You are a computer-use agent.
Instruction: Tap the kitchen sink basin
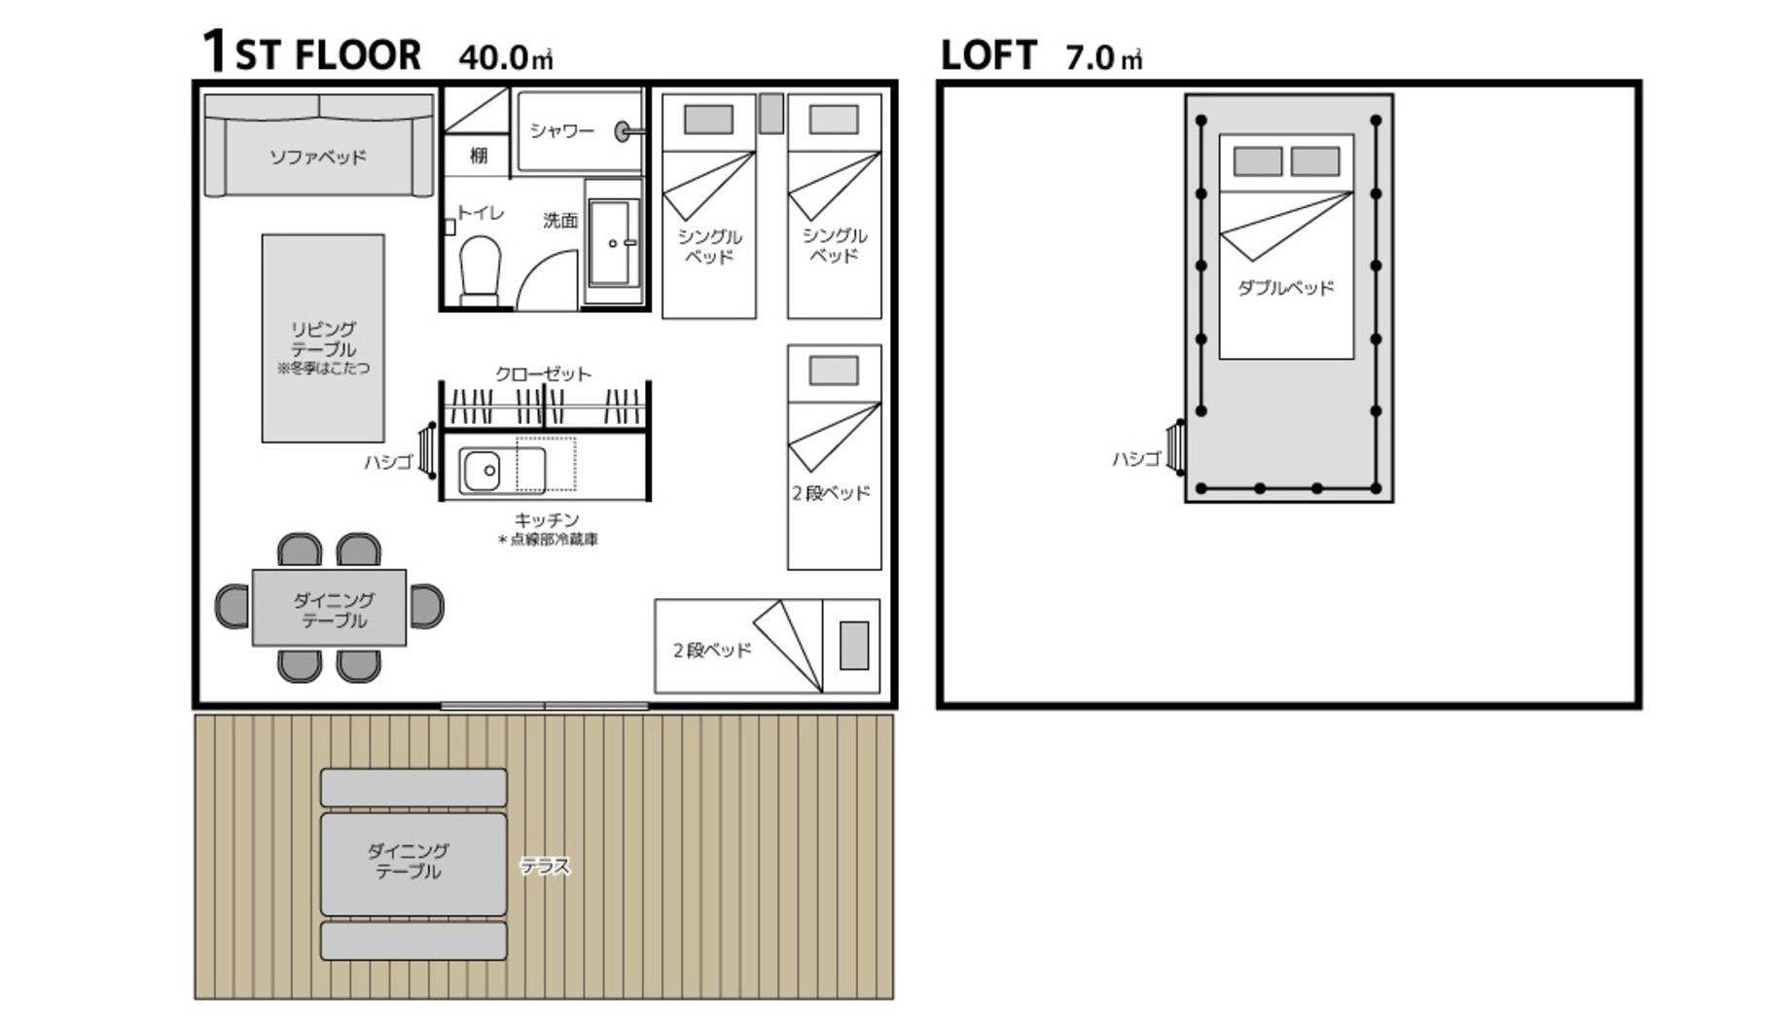[481, 472]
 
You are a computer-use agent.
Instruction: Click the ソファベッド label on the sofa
[317, 157]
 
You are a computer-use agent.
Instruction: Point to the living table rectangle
[323, 337]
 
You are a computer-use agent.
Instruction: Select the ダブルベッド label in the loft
[1285, 288]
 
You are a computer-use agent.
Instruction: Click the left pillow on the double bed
[1257, 161]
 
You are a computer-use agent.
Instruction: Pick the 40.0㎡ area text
[506, 56]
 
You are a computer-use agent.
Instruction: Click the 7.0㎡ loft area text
[1104, 57]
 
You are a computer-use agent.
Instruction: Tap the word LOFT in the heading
[988, 55]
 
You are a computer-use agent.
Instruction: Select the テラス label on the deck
[545, 865]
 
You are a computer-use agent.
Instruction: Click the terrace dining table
[413, 864]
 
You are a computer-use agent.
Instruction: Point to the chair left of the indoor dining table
[233, 606]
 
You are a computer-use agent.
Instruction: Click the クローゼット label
[543, 373]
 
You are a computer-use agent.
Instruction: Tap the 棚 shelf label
[479, 156]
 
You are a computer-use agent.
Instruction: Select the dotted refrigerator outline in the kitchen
[546, 465]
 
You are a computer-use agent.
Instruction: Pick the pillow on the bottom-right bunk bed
[854, 646]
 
